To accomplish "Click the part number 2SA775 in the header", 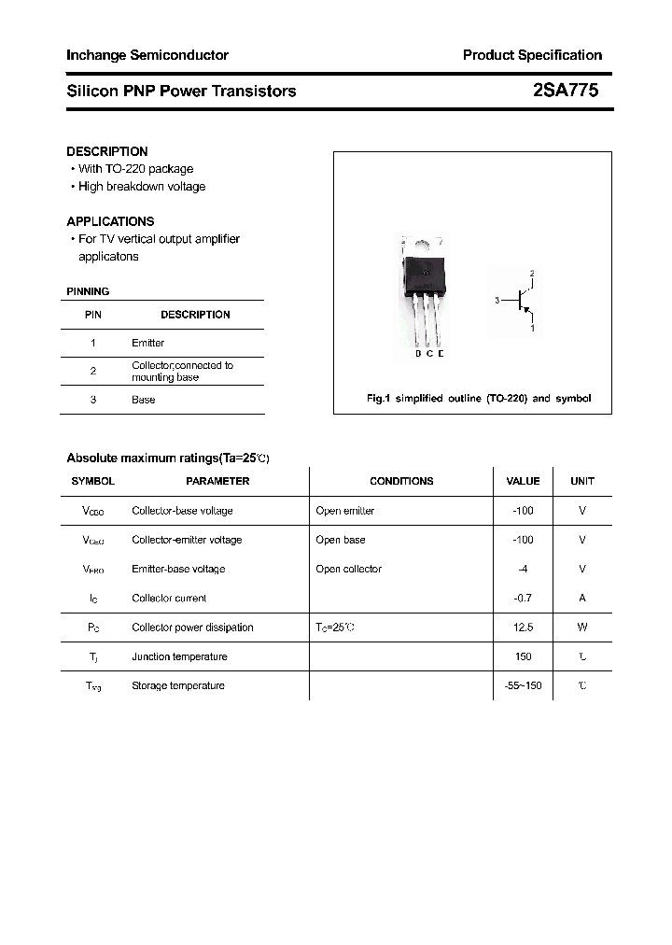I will (x=565, y=91).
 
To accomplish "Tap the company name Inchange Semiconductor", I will (x=147, y=55).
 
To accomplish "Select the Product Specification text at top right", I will (x=532, y=55).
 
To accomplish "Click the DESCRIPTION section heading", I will (x=106, y=151).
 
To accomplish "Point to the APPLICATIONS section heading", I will (x=110, y=221).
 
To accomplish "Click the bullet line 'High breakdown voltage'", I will (x=141, y=187).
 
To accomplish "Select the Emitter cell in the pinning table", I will (x=147, y=343).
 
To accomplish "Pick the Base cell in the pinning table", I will (x=143, y=400).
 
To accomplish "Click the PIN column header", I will (x=93, y=315).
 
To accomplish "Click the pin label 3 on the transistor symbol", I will (x=497, y=301).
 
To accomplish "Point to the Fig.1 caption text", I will (x=478, y=399).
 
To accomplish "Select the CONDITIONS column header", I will (x=401, y=481).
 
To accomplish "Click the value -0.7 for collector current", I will (x=523, y=598).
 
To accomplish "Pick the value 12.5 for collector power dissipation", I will (x=523, y=628).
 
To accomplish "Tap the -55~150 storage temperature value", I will (x=523, y=685).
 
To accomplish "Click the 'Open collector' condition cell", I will (x=348, y=569).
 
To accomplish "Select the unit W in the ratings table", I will (x=581, y=628).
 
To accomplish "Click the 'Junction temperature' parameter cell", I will (x=179, y=656).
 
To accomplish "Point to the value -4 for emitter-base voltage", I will (x=523, y=569).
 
